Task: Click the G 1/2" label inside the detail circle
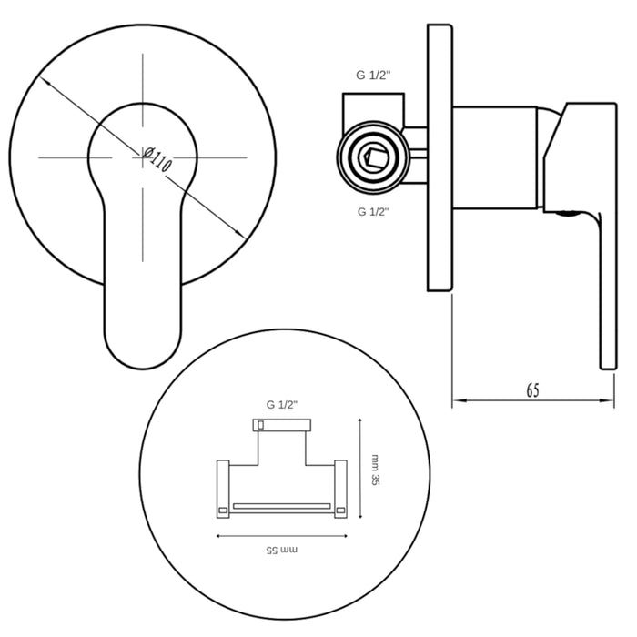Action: (x=283, y=404)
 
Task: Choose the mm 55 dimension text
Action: (x=282, y=550)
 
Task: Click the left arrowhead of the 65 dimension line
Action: (x=458, y=399)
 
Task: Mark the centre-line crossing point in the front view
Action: (x=144, y=157)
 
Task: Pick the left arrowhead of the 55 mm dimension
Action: (x=219, y=536)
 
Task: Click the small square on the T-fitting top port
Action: (x=260, y=424)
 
